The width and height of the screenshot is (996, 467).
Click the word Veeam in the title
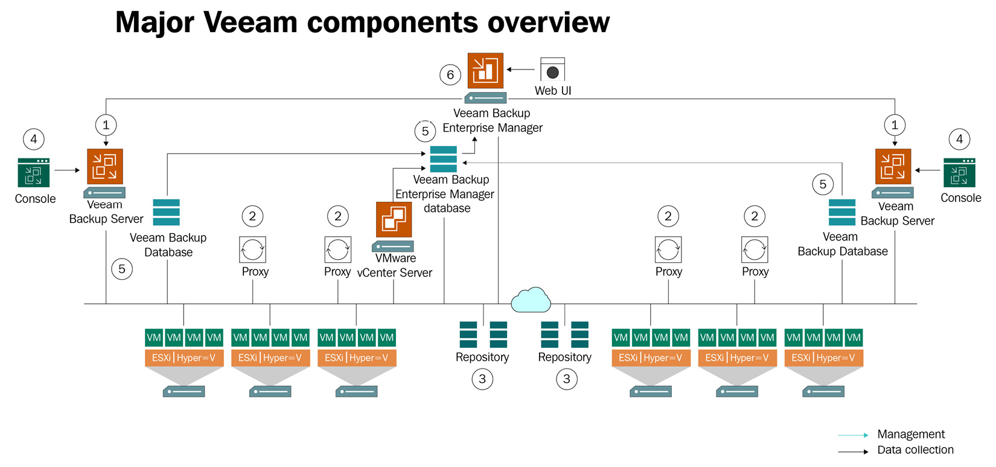[x=251, y=23]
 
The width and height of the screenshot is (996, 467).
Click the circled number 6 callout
[x=450, y=75]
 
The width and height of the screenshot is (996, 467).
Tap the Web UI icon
[x=552, y=69]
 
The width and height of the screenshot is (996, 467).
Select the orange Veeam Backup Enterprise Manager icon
[x=485, y=70]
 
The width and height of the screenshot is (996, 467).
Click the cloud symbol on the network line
[x=531, y=300]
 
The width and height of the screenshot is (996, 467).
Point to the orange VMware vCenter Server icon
[x=394, y=219]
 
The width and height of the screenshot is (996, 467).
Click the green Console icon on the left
[x=34, y=172]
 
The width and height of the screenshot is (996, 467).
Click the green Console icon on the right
[x=959, y=172]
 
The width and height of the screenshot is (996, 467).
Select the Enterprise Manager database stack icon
[x=444, y=159]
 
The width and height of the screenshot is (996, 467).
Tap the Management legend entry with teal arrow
[x=911, y=434]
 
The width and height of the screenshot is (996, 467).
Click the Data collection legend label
[x=915, y=450]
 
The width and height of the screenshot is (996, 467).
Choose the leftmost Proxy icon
[x=252, y=250]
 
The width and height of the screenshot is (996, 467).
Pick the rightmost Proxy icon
[x=755, y=250]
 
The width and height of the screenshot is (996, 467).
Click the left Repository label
[x=482, y=357]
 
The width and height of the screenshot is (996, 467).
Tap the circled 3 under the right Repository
[x=566, y=379]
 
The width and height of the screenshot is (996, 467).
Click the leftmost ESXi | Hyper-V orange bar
[x=184, y=358]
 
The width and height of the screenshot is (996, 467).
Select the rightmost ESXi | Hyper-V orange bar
[x=823, y=358]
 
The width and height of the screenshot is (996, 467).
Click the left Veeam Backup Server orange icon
[x=105, y=167]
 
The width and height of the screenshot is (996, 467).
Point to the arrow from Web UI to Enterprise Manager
[x=521, y=69]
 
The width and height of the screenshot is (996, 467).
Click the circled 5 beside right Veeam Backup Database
[x=823, y=184]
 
